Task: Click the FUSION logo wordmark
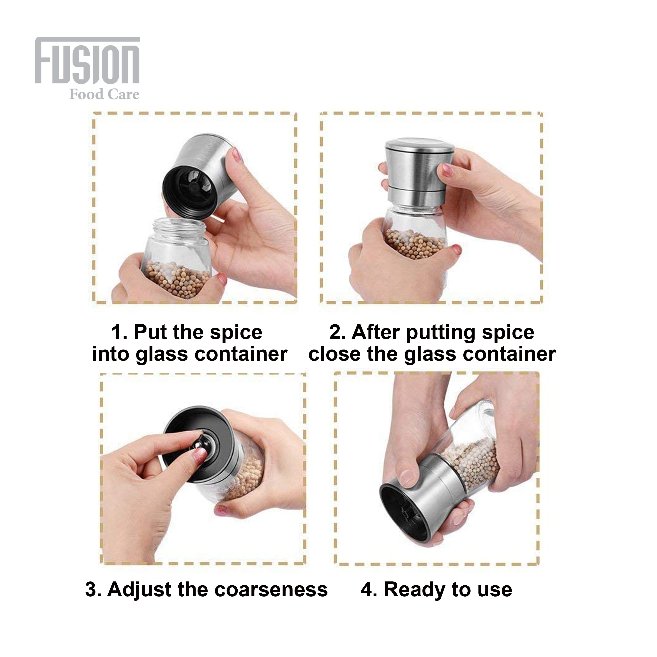pos(87,60)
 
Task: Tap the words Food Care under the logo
pos(104,95)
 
